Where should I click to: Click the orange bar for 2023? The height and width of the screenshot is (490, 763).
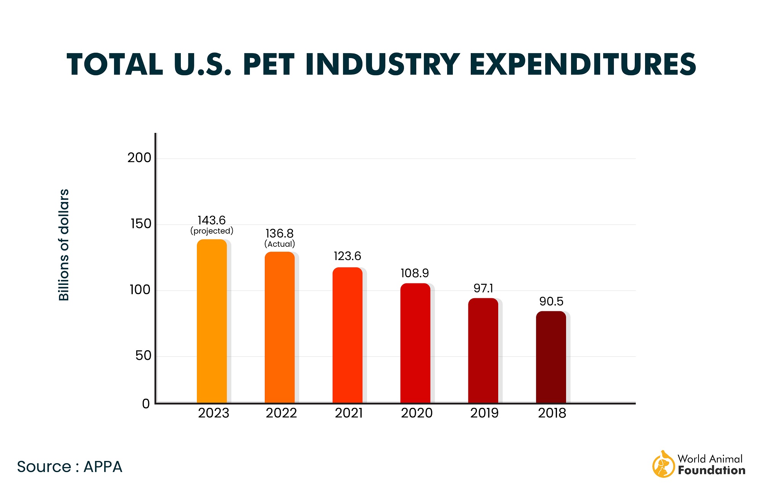click(212, 321)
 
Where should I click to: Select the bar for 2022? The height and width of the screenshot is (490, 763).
click(280, 327)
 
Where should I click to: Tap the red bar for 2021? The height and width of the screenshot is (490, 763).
click(347, 335)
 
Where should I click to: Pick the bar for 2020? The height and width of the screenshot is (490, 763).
click(415, 343)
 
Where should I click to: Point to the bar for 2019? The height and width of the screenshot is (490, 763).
click(483, 350)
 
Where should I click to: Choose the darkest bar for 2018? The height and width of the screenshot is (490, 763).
click(551, 357)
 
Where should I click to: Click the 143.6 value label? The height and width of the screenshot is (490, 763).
click(211, 220)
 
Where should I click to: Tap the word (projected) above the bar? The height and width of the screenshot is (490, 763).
click(212, 231)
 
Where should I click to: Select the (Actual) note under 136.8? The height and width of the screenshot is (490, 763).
click(280, 244)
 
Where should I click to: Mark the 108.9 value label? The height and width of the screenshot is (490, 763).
click(415, 273)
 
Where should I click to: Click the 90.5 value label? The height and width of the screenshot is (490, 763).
click(551, 302)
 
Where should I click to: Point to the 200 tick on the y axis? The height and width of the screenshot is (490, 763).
click(139, 158)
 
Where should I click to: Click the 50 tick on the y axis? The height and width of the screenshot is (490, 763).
click(143, 356)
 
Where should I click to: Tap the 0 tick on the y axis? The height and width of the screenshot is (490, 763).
click(146, 404)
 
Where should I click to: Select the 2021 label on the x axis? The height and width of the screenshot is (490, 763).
click(349, 413)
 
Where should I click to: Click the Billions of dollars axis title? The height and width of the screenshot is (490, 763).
click(64, 245)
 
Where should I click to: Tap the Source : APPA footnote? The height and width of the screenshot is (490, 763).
click(69, 467)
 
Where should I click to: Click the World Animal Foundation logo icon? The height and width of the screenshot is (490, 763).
click(663, 464)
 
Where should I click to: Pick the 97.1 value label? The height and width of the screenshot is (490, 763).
click(483, 288)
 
